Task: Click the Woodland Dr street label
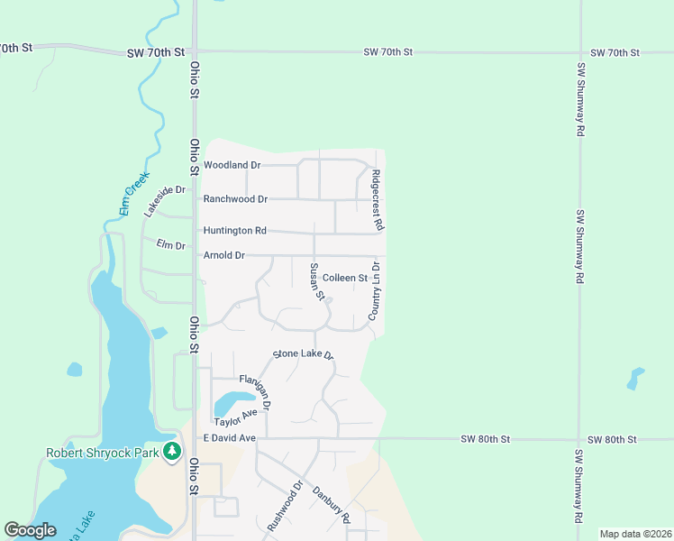pos(232,166)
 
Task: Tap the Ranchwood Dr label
pos(235,199)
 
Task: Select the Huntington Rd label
pos(234,231)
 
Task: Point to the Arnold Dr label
pos(224,256)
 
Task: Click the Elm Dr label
pos(169,244)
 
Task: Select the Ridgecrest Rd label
pos(378,198)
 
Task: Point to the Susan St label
pos(316,281)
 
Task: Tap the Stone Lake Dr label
pos(304,354)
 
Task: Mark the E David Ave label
pos(230,439)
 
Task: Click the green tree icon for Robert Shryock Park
pos(171,454)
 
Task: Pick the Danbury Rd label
pos(331,506)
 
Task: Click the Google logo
pos(30,530)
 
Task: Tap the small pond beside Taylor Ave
pos(232,401)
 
